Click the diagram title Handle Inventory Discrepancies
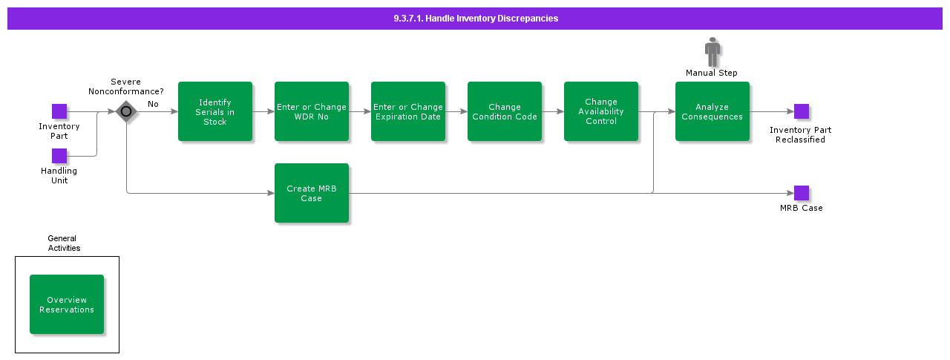click(x=475, y=19)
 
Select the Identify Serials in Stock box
click(x=215, y=111)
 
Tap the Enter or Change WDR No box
click(x=312, y=111)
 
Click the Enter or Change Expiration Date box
click(x=408, y=111)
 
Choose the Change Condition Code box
click(x=505, y=111)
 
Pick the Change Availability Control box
click(x=601, y=111)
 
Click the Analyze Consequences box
click(x=712, y=111)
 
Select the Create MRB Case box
click(x=312, y=193)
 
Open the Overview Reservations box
click(x=67, y=304)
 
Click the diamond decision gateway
click(x=126, y=112)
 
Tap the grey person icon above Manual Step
click(x=712, y=52)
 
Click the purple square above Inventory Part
click(x=59, y=111)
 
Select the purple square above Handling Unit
click(x=59, y=156)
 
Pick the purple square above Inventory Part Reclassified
click(x=802, y=111)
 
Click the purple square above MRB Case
click(x=802, y=193)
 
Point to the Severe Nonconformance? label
click(x=126, y=87)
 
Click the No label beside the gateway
click(x=153, y=104)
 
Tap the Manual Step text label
click(x=712, y=73)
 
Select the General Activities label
click(x=64, y=243)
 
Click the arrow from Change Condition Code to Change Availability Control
click(x=553, y=112)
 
